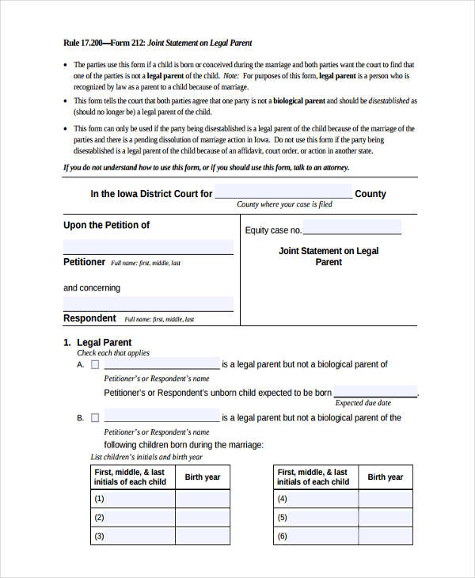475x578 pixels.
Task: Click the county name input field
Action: pyautogui.click(x=283, y=192)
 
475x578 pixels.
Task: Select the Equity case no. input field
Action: pyautogui.click(x=351, y=229)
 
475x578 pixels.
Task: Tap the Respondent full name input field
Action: pyautogui.click(x=148, y=303)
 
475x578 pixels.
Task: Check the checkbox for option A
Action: pyautogui.click(x=95, y=365)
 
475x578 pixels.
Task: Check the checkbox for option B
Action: pyautogui.click(x=95, y=418)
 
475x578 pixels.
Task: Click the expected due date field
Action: pyautogui.click(x=375, y=392)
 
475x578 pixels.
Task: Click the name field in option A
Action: pyautogui.click(x=161, y=364)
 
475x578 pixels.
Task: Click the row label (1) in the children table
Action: pyautogui.click(x=100, y=500)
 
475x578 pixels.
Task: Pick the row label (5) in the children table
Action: pyautogui.click(x=283, y=518)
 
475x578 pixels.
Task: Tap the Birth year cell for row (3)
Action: pyautogui.click(x=203, y=537)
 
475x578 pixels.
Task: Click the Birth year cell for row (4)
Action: pyautogui.click(x=385, y=500)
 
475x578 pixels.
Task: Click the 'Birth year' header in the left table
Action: pyautogui.click(x=203, y=477)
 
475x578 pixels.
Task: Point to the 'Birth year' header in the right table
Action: pyautogui.click(x=385, y=477)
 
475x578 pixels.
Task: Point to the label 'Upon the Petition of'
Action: pyautogui.click(x=106, y=225)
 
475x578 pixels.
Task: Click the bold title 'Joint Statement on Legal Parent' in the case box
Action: pyautogui.click(x=329, y=257)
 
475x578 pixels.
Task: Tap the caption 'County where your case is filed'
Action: pyautogui.click(x=284, y=205)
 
